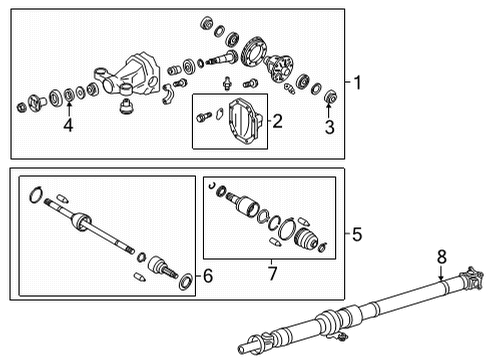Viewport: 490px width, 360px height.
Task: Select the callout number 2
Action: pyautogui.click(x=277, y=123)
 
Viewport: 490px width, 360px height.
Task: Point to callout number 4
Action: pyautogui.click(x=68, y=127)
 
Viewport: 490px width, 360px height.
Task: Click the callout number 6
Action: pyautogui.click(x=208, y=275)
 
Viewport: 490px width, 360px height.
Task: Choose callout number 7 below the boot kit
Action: pyautogui.click(x=271, y=269)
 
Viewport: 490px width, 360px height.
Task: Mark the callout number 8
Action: pyautogui.click(x=441, y=256)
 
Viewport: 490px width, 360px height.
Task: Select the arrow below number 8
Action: pyautogui.click(x=441, y=272)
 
